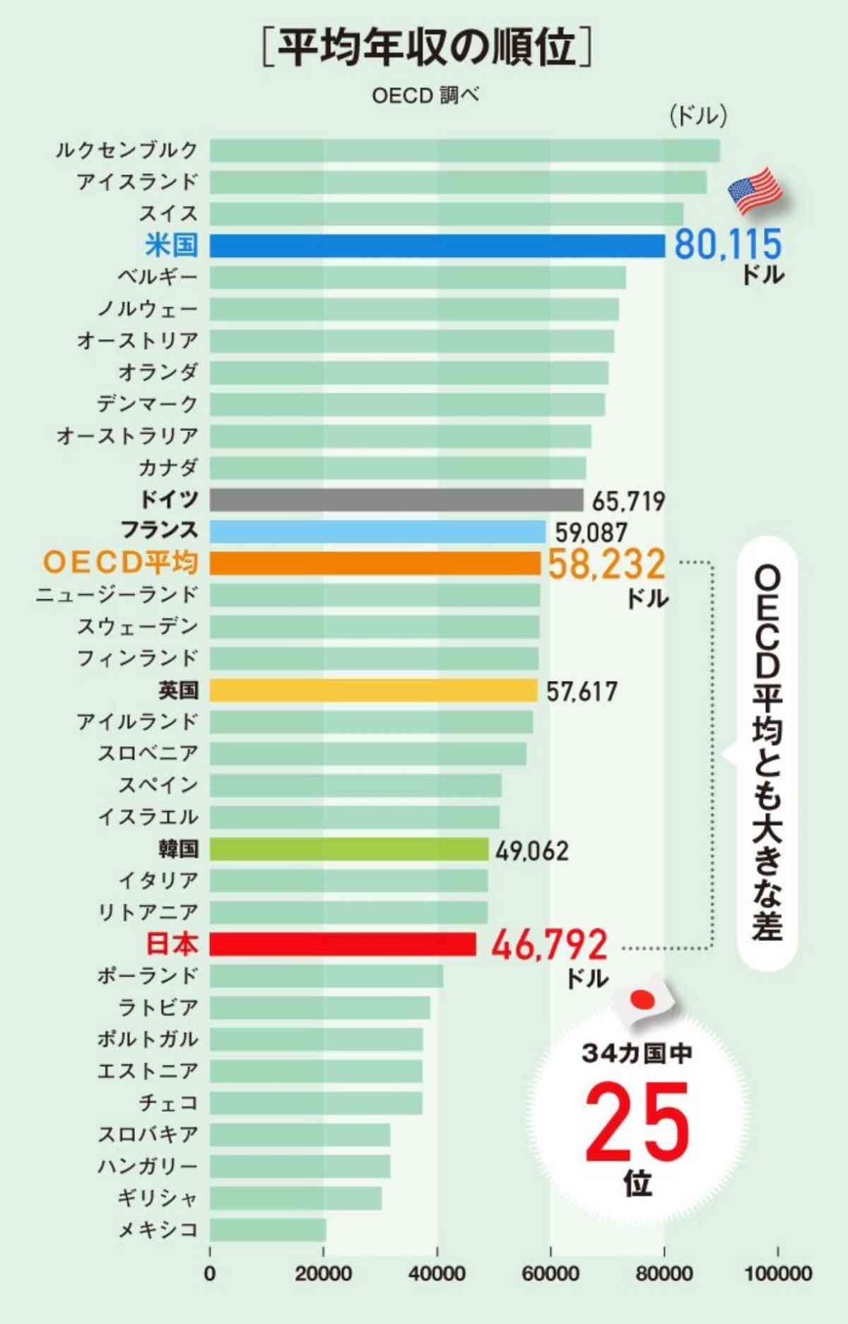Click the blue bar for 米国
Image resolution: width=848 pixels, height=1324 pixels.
(x=437, y=246)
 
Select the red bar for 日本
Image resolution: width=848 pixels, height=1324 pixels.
(x=343, y=944)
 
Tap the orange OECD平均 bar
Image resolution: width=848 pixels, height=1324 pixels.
(x=375, y=563)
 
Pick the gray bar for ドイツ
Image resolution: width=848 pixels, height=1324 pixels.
(x=396, y=500)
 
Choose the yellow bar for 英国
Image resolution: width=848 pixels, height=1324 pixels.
(x=373, y=690)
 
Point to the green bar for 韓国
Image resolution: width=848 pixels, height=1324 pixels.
(x=348, y=849)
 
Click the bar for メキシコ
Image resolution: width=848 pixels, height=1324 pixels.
(x=268, y=1230)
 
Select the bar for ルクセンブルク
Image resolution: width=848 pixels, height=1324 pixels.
(x=464, y=150)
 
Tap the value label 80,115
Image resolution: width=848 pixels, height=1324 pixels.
(x=728, y=244)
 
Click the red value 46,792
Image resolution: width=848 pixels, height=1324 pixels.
(x=549, y=945)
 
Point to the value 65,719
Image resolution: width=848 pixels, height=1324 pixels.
(x=628, y=502)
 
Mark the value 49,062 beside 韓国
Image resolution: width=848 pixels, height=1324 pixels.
(x=531, y=851)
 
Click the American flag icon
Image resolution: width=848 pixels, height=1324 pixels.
(x=755, y=191)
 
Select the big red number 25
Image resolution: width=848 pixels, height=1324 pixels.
(x=636, y=1123)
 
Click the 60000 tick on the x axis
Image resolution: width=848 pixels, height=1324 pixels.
(x=550, y=1274)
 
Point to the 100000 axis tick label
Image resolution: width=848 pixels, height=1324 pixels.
(x=777, y=1274)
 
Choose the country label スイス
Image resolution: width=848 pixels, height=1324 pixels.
(x=168, y=213)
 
